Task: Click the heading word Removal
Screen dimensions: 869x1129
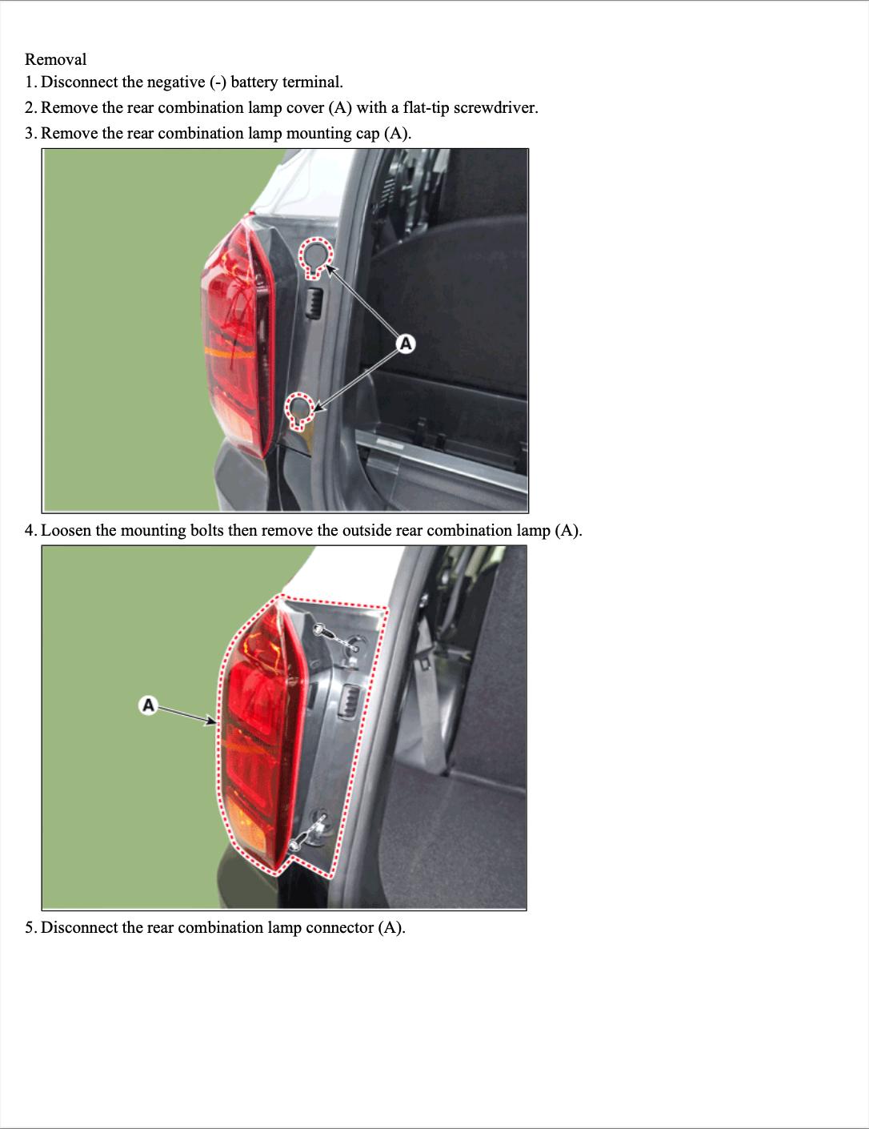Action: pos(55,59)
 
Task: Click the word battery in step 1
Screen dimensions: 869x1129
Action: pos(254,82)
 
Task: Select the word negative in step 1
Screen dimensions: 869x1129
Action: pos(176,82)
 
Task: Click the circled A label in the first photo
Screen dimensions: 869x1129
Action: pos(406,344)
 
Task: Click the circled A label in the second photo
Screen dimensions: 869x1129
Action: pos(149,705)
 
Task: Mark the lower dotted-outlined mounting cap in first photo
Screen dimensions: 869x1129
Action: pos(300,411)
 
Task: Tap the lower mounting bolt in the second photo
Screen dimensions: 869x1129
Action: pos(294,846)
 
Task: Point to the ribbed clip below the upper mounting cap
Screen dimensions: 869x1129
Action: pos(313,302)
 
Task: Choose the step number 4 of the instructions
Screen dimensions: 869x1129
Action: pos(30,530)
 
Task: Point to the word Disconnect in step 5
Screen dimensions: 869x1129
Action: pos(79,927)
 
